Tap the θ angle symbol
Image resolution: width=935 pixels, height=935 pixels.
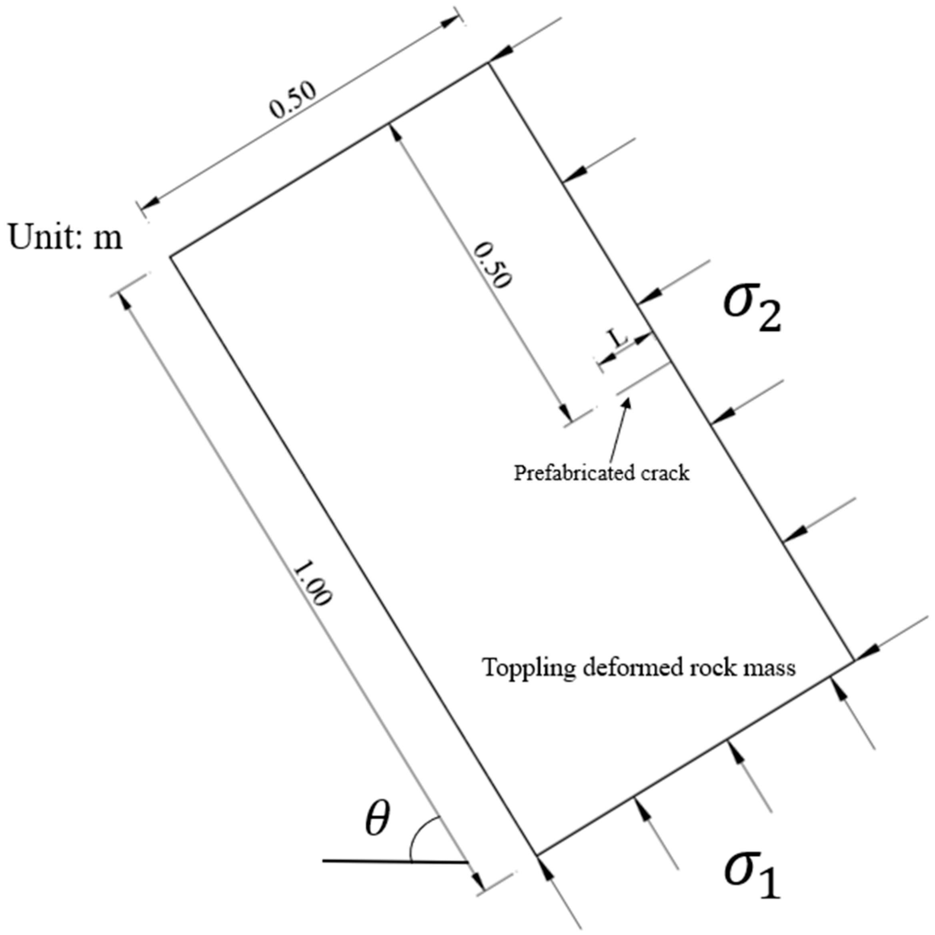377,820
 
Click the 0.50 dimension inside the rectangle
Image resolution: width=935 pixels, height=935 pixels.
492,266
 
